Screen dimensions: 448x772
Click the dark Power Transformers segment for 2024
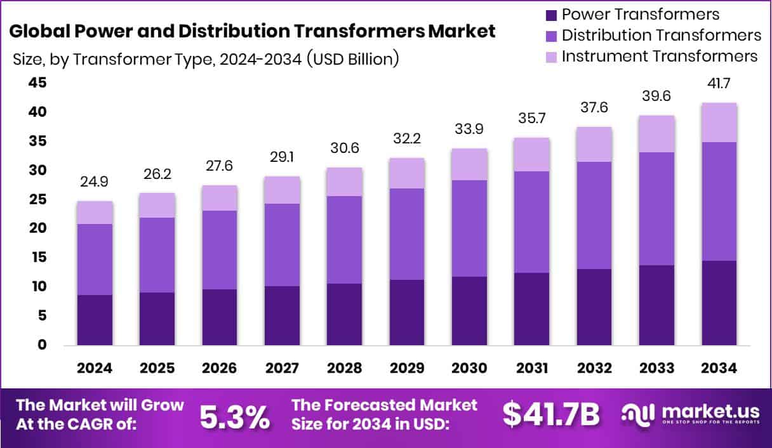coord(95,320)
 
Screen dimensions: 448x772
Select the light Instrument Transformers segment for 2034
coord(719,122)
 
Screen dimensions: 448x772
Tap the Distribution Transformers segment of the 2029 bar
coord(407,234)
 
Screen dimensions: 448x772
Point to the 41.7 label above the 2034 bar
coord(719,83)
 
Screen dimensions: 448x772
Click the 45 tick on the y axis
coord(37,83)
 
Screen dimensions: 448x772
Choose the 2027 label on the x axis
coord(283,369)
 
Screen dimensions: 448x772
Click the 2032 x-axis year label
coord(594,369)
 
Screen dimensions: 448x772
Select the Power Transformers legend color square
coord(551,15)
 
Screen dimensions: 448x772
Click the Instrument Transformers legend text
coord(660,56)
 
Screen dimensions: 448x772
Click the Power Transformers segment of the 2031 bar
coord(532,309)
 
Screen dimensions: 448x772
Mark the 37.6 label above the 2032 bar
coord(594,107)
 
